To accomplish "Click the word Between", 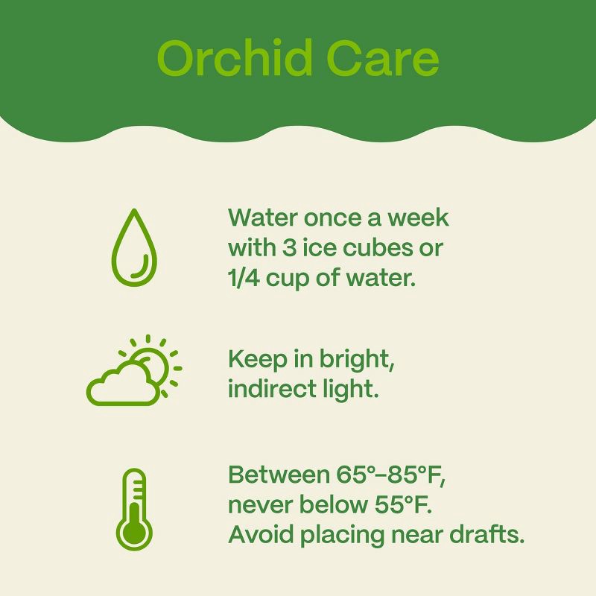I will (x=275, y=475).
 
